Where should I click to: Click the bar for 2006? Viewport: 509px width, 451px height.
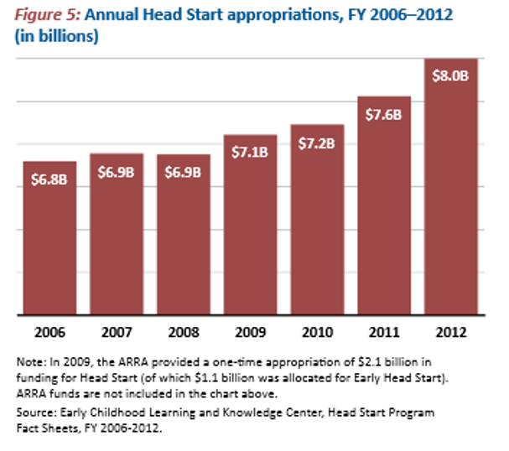pyautogui.click(x=49, y=238)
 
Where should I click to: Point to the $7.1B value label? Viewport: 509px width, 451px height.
pyautogui.click(x=250, y=152)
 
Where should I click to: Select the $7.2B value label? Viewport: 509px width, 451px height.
pyautogui.click(x=317, y=143)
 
